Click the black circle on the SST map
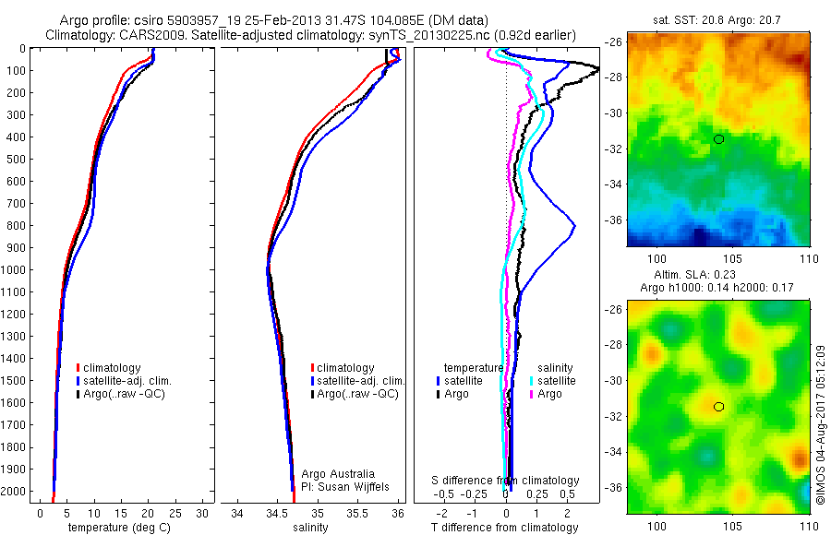[x=718, y=139]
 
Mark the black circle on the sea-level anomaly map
[x=718, y=406]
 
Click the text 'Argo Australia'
[x=339, y=474]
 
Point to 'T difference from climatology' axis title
[x=506, y=528]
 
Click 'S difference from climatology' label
[x=506, y=481]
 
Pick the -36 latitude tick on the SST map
[x=613, y=220]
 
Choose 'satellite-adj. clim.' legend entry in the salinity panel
[x=361, y=381]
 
